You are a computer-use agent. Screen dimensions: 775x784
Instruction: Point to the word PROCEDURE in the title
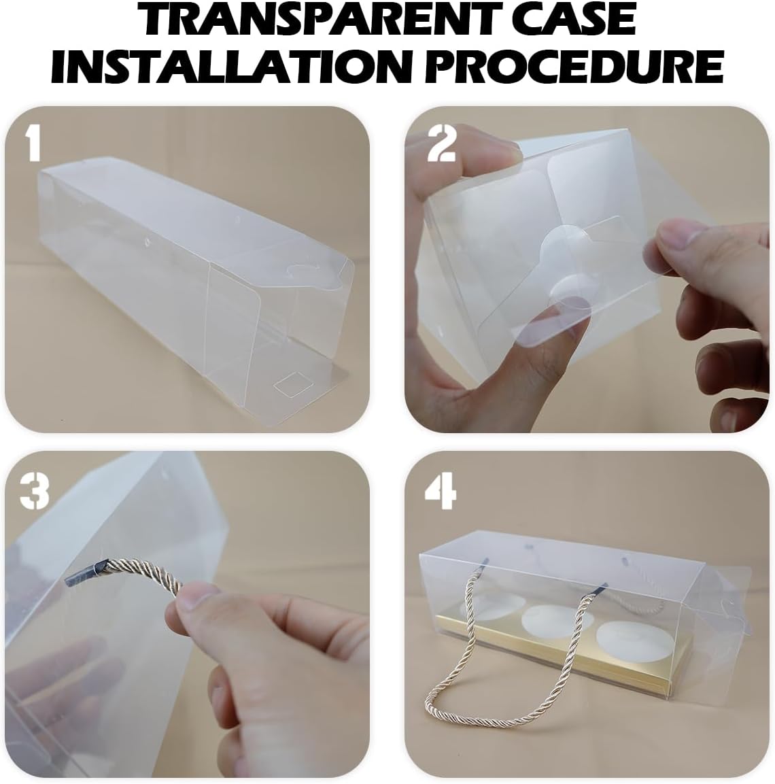[x=574, y=65]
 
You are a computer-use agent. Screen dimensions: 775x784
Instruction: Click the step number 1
[x=33, y=143]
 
